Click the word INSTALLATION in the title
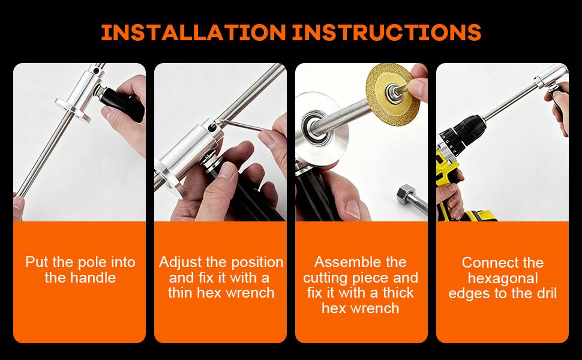[x=193, y=32]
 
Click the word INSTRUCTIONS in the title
[x=387, y=32]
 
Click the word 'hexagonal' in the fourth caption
[x=503, y=278]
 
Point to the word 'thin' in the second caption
[x=181, y=293]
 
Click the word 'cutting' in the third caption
[x=325, y=278]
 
